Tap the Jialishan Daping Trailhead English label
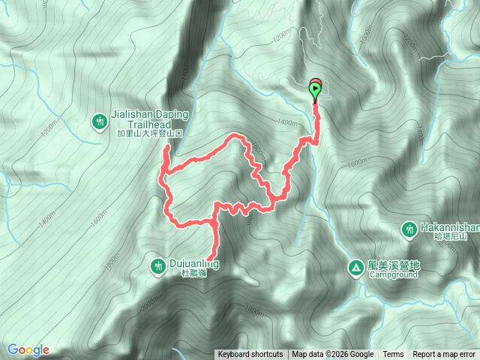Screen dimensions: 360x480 pyautogui.click(x=150, y=120)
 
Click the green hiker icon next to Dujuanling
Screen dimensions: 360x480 pyautogui.click(x=157, y=265)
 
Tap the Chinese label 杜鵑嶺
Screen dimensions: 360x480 pyautogui.click(x=193, y=274)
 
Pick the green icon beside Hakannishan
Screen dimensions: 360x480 pyautogui.click(x=409, y=228)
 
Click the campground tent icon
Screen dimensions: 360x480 pyautogui.click(x=355, y=266)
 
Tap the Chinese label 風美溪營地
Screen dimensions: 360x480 pyautogui.click(x=394, y=265)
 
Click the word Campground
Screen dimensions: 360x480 pyautogui.click(x=394, y=274)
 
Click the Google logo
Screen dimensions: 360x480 pyautogui.click(x=28, y=350)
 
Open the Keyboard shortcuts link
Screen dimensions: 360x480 pyautogui.click(x=250, y=354)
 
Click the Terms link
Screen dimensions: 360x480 pyautogui.click(x=393, y=354)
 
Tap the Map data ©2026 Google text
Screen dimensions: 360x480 pyautogui.click(x=333, y=354)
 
